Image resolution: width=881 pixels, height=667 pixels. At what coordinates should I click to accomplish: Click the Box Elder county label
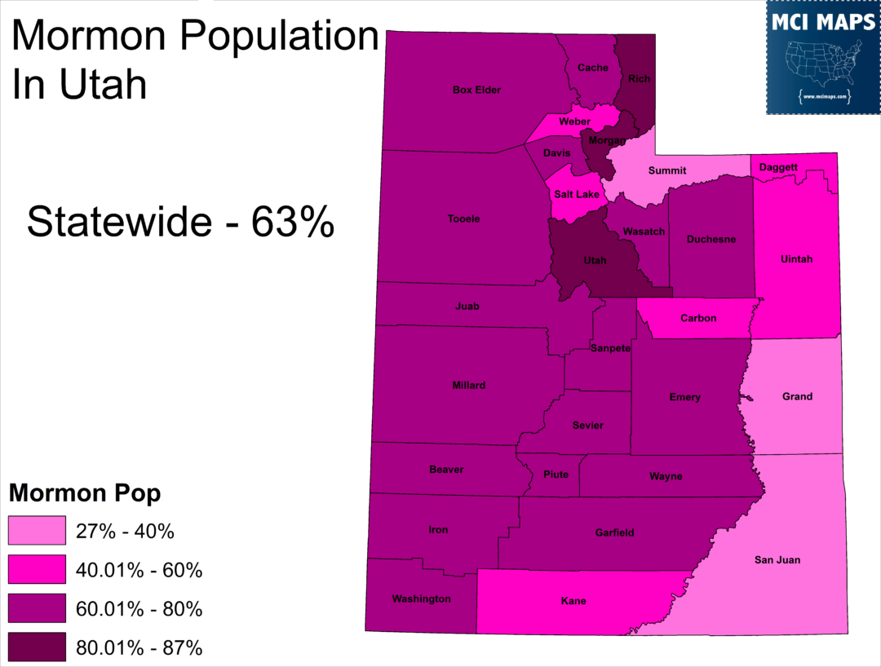pos(476,90)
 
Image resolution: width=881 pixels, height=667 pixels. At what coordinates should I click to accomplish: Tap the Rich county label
pos(639,78)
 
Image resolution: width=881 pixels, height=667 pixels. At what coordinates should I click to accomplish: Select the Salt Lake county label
pos(577,194)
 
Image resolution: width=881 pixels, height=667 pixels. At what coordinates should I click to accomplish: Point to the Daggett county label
pos(778,167)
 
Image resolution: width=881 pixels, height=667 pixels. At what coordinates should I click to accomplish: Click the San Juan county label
pos(777,559)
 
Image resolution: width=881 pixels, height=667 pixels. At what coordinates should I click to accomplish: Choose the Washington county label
pos(421,599)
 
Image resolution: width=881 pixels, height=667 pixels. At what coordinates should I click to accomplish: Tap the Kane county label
pos(573,602)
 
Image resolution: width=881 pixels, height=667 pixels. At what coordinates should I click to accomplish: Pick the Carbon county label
pos(698,318)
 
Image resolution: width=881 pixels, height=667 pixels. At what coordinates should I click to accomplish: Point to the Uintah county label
pos(797,259)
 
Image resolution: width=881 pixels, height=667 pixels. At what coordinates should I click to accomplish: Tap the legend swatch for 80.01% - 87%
pos(38,648)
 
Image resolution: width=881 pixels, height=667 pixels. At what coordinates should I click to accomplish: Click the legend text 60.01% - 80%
pos(139,609)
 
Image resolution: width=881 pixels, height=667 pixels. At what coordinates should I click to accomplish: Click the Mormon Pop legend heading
pos(85,493)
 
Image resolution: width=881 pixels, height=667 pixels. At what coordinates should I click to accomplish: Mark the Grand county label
pos(797,396)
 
